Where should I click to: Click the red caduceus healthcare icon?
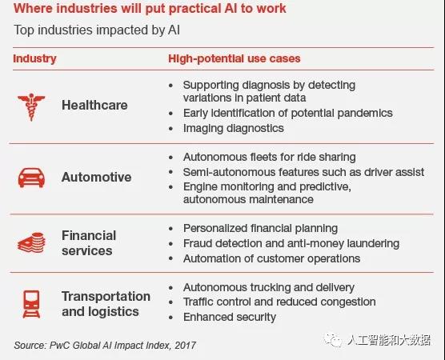[x=31, y=107]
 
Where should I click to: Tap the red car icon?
[x=31, y=178]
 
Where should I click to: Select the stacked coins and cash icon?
[x=31, y=242]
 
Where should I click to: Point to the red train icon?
[x=31, y=304]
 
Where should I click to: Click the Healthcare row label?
[x=94, y=105]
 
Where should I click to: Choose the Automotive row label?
[x=97, y=177]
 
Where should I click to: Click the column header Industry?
[x=34, y=58]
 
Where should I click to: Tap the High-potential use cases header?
[x=235, y=58]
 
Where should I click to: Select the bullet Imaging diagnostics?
[x=233, y=128]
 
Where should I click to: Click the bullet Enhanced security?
[x=230, y=317]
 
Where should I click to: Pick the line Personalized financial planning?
[x=260, y=228]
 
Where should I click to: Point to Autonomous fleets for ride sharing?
[x=270, y=157]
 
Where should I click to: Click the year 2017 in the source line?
[x=186, y=346]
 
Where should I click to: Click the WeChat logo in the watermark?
[x=334, y=339]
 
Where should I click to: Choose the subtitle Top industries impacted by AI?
[x=97, y=30]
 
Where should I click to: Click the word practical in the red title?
[x=193, y=9]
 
